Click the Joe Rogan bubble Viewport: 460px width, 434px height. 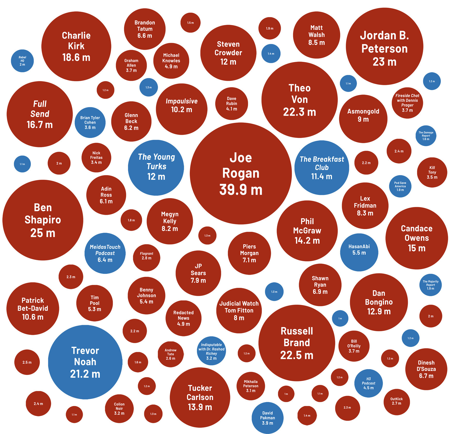coord(241,173)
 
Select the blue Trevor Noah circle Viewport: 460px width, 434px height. coord(85,362)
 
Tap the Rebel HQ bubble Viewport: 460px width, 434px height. coord(22,61)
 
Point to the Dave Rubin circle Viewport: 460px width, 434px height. coord(232,103)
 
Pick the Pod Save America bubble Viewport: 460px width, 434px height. coord(400,186)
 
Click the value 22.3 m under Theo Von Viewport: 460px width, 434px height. coord(299,112)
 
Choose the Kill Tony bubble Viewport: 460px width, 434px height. coord(432,172)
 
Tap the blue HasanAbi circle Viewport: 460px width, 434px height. coord(359,252)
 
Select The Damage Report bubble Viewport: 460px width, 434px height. coord(426,136)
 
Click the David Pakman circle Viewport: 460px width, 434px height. coord(267,418)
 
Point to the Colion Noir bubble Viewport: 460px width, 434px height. coord(119,409)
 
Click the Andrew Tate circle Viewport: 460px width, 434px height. coord(170,354)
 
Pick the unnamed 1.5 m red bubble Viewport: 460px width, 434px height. coord(191,23)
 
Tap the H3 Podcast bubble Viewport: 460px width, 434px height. coord(368,383)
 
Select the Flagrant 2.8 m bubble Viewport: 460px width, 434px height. coord(146,257)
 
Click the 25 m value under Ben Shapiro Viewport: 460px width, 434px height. coord(43,233)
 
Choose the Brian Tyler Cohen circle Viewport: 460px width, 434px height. coord(90,122)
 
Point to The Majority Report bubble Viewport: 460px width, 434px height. coord(430,285)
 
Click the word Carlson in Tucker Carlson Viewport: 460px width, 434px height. coord(200,397)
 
